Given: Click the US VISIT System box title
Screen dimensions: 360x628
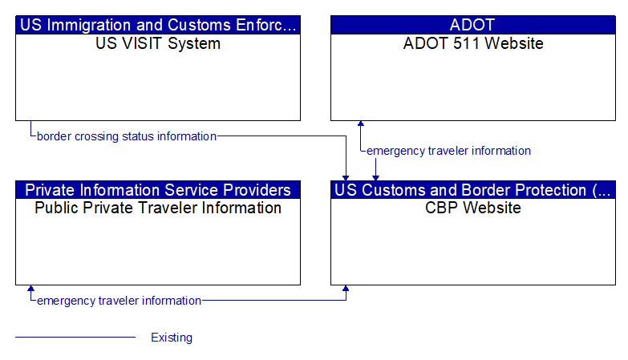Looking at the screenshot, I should click(158, 44).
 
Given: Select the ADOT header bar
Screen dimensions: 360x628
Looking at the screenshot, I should click(472, 25).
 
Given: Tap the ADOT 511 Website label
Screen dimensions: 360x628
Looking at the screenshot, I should click(472, 44).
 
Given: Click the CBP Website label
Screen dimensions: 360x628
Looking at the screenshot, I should click(472, 208).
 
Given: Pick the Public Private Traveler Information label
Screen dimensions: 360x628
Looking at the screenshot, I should click(158, 208).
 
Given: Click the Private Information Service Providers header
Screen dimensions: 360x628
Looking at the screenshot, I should click(158, 190).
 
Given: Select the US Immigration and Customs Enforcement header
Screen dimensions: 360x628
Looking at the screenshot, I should click(158, 25).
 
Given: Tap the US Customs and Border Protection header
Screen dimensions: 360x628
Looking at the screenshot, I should click(472, 190).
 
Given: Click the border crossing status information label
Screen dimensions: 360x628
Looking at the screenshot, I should click(127, 136).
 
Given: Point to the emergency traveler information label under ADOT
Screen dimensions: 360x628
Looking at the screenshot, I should click(448, 151).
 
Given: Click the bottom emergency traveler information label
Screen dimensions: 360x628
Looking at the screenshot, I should click(119, 301).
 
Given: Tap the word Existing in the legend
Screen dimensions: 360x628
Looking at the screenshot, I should click(172, 338).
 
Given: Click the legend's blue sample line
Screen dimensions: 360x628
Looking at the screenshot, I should click(75, 338).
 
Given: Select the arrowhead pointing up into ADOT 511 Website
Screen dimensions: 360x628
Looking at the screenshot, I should click(360, 124).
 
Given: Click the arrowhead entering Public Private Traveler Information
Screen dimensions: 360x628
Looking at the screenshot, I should click(30, 289).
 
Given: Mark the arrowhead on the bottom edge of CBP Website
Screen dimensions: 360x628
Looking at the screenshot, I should click(346, 289).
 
